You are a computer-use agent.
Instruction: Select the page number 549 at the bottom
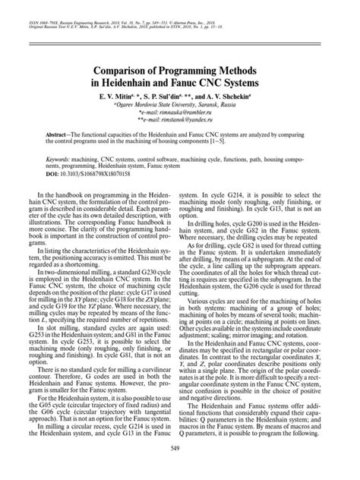[x=179, y=469]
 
